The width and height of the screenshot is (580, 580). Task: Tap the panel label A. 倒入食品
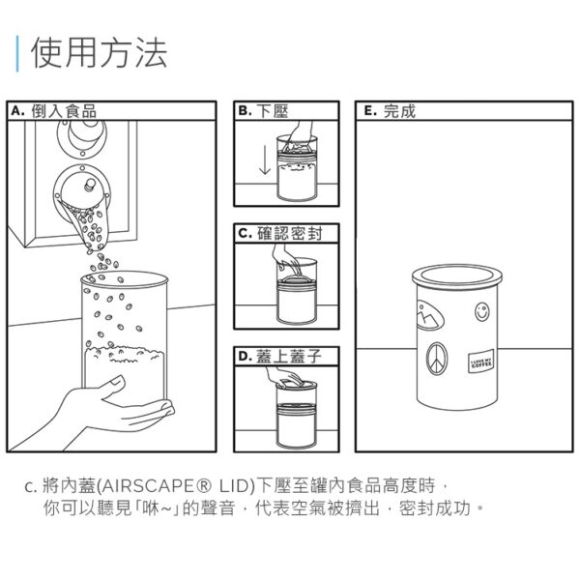pyautogui.click(x=53, y=111)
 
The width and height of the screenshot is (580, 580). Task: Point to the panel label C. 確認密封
pyautogui.click(x=286, y=234)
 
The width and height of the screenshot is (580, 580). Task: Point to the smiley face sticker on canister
pyautogui.click(x=482, y=313)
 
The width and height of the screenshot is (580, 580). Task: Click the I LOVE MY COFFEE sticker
pyautogui.click(x=480, y=363)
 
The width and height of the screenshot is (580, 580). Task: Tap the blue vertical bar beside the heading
pyautogui.click(x=18, y=53)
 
